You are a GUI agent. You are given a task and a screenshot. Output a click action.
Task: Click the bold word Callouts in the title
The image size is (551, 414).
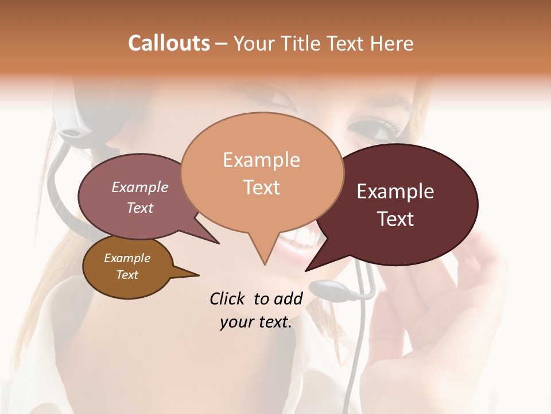pyautogui.click(x=169, y=43)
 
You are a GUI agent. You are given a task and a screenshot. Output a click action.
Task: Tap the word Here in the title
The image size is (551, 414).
pyautogui.click(x=391, y=43)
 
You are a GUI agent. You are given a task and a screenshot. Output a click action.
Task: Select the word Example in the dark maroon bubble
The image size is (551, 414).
pyautogui.click(x=395, y=191)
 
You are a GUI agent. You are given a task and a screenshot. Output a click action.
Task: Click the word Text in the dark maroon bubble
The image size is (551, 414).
pyautogui.click(x=395, y=218)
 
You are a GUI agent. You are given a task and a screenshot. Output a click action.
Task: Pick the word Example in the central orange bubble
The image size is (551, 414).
pyautogui.click(x=261, y=160)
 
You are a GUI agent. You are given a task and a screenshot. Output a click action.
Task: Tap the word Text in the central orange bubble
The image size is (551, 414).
pyautogui.click(x=262, y=187)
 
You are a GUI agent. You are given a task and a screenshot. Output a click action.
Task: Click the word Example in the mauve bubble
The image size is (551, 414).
pyautogui.click(x=140, y=187)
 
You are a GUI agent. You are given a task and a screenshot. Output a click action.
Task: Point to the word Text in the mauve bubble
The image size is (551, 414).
pyautogui.click(x=140, y=208)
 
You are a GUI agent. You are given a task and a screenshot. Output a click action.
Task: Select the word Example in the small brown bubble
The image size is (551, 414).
pyautogui.click(x=127, y=258)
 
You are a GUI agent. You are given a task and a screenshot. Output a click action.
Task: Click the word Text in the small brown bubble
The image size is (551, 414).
pyautogui.click(x=127, y=275)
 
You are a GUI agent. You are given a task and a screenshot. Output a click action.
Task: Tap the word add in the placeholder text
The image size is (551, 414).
pyautogui.click(x=288, y=298)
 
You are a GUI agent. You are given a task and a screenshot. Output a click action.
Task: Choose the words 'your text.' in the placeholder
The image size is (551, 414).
pyautogui.click(x=256, y=322)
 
